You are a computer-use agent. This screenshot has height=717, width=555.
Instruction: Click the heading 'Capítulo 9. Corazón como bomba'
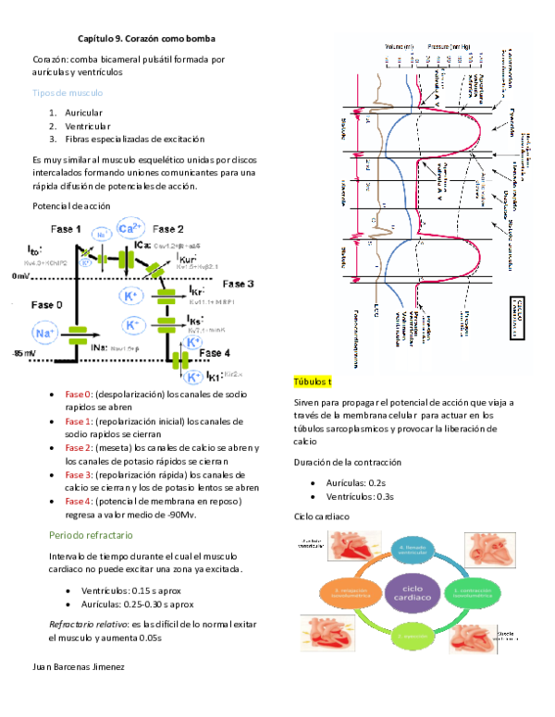(149, 41)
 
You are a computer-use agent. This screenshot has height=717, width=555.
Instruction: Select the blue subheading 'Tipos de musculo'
(68, 94)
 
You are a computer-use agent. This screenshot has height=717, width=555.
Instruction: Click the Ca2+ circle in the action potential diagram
(129, 229)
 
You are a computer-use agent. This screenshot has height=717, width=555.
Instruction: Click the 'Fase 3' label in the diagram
(238, 284)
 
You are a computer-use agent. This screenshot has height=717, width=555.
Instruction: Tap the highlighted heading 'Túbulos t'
(313, 382)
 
